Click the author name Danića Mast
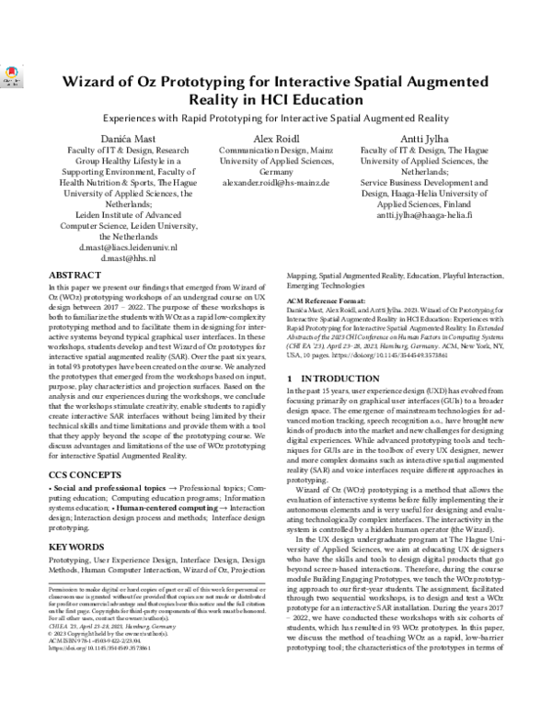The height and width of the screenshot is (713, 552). tap(126, 139)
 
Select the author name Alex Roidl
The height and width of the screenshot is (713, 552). tap(277, 139)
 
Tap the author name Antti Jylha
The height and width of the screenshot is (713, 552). tap(424, 139)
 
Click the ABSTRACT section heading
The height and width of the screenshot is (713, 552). tap(75, 275)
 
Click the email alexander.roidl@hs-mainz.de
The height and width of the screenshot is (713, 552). tap(277, 183)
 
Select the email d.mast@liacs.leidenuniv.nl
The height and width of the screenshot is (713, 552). tap(126, 247)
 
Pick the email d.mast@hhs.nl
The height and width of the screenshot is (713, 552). tap(126, 259)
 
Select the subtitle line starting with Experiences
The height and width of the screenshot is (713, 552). tap(276, 119)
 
